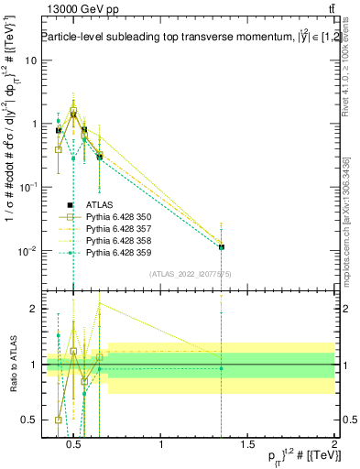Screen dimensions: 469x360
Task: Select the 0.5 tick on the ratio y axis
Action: point(27,420)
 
